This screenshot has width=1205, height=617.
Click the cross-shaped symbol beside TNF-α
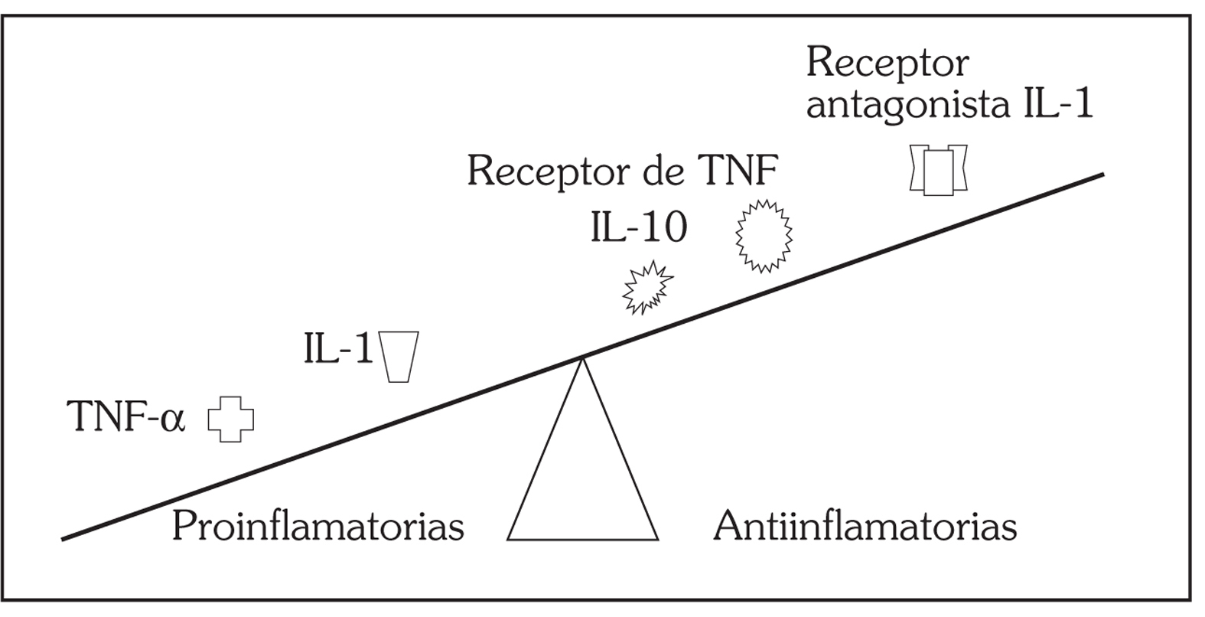coord(230,419)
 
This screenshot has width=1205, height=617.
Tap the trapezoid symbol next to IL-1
coord(399,356)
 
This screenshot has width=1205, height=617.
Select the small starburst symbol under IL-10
coord(648,288)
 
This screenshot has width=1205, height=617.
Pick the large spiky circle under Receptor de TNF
coord(764,235)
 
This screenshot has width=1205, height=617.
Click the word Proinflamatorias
coord(318,527)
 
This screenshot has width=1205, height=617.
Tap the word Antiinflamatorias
coord(865,527)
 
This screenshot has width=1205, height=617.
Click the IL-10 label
coord(639,227)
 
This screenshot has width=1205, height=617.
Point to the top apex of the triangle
coord(583,359)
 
